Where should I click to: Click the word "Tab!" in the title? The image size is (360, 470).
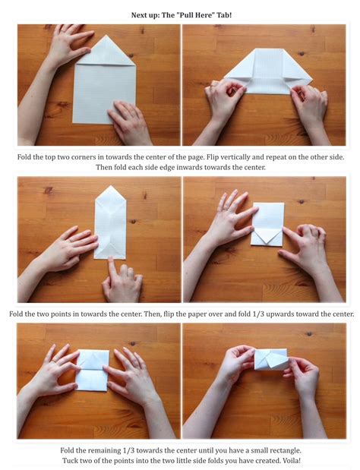[224, 15]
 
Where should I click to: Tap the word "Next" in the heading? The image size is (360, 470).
[138, 15]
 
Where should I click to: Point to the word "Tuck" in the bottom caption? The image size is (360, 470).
[69, 460]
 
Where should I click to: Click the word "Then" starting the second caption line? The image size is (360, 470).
[104, 167]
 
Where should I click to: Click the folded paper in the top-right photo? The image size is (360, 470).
[268, 71]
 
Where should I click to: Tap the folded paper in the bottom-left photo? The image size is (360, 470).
[93, 371]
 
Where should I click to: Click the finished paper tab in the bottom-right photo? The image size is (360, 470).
[271, 359]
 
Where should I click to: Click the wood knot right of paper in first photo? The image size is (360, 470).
[131, 55]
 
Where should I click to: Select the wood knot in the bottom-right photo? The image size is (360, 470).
[309, 333]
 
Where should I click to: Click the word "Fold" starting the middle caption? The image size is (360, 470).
[16, 314]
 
